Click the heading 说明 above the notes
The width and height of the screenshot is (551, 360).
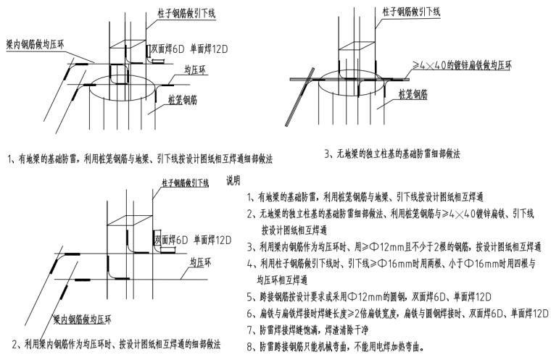237,180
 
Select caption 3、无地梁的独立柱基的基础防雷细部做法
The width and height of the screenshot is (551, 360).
394,154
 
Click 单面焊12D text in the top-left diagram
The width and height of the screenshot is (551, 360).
211,49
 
